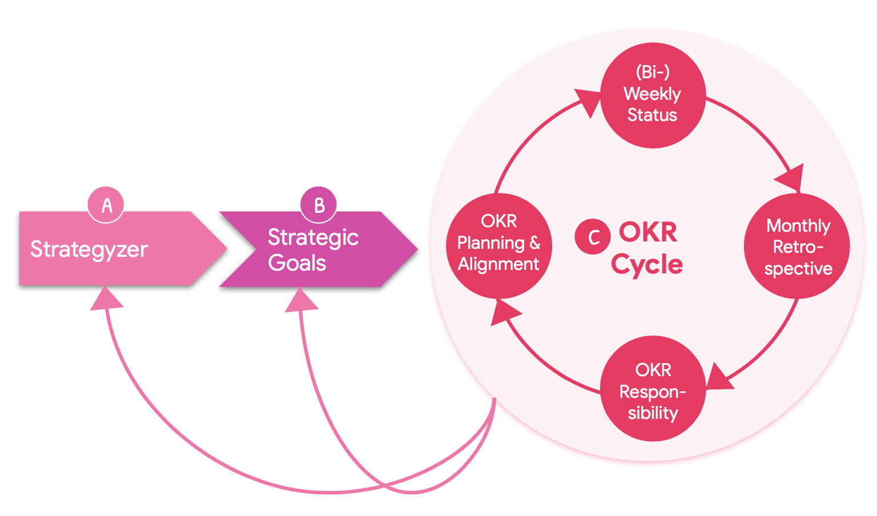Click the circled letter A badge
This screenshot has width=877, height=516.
pyautogui.click(x=106, y=205)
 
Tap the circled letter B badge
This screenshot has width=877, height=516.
pyautogui.click(x=319, y=205)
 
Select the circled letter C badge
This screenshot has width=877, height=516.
pyautogui.click(x=592, y=236)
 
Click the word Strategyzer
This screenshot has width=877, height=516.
pyautogui.click(x=89, y=249)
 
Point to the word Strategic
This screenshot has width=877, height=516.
pyautogui.click(x=313, y=237)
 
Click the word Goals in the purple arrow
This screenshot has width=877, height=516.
pyautogui.click(x=297, y=263)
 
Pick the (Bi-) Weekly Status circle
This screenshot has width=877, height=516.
pyautogui.click(x=653, y=95)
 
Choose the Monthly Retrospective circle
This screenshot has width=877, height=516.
pyautogui.click(x=797, y=246)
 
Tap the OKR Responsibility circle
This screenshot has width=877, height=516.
pyautogui.click(x=653, y=389)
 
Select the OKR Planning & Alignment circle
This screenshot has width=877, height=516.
pyautogui.click(x=498, y=245)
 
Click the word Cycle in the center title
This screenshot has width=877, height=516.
pyautogui.click(x=647, y=264)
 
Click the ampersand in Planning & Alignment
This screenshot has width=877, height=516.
pyautogui.click(x=534, y=243)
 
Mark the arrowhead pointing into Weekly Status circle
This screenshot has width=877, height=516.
pyautogui.click(x=588, y=101)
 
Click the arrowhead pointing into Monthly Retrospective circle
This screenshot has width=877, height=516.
pyautogui.click(x=791, y=178)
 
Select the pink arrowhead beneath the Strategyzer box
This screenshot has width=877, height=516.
pyautogui.click(x=106, y=299)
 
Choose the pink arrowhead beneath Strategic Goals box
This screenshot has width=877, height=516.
pyautogui.click(x=300, y=301)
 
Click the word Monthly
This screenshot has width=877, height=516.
pyautogui.click(x=798, y=226)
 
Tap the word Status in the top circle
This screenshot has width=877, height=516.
pyautogui.click(x=652, y=115)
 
